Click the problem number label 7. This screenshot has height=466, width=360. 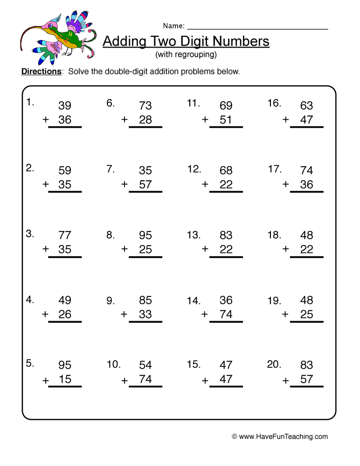111,169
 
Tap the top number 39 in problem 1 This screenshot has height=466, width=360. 65,106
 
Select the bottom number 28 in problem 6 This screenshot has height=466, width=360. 145,120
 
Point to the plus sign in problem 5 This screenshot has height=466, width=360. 46,380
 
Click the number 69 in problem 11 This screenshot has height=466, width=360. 226,106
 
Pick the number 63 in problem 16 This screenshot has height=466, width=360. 306,106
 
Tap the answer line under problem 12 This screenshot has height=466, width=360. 226,192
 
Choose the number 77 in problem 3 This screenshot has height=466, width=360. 65,235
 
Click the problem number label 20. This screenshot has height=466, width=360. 274,364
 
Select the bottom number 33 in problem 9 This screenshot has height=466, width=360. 145,314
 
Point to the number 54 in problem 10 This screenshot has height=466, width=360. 145,365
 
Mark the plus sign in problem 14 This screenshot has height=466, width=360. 204,315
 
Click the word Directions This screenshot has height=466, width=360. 42,72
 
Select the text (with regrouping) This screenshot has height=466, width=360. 186,55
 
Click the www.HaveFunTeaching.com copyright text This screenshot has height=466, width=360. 280,437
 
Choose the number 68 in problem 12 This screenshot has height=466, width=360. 226,171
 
